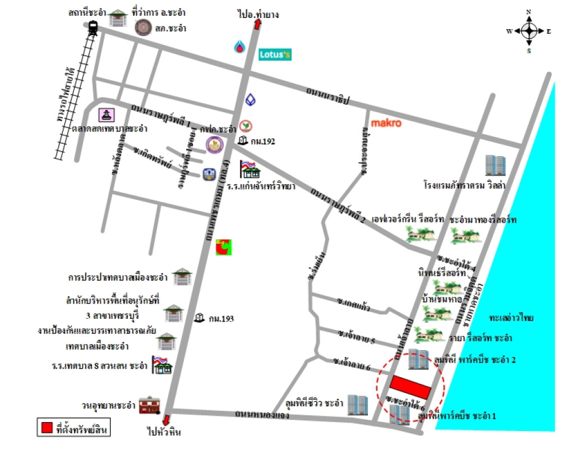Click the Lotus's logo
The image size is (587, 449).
pos(274,54)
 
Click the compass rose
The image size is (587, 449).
pos(529,31)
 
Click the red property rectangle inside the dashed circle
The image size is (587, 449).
pos(411,386)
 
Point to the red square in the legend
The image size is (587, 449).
pos(46,428)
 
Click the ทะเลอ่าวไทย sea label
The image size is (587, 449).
pos(510,318)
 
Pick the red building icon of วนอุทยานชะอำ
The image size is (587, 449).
pos(150,405)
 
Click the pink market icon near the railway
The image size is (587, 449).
pos(107,115)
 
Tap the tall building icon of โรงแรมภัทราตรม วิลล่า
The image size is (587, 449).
pos(496,166)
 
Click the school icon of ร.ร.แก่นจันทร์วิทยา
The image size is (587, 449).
pos(248,169)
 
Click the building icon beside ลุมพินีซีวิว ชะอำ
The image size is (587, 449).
pos(357,405)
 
